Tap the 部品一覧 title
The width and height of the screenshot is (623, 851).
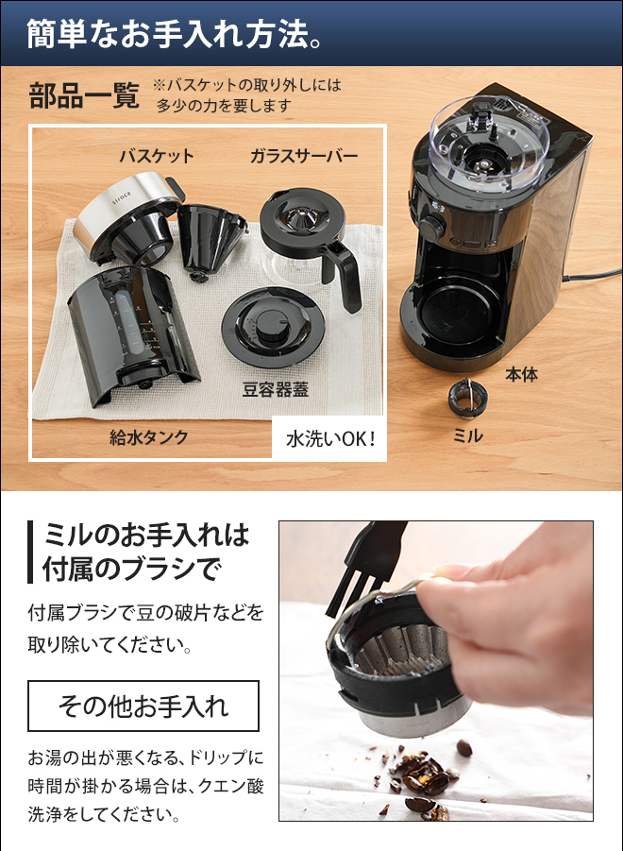[84, 97]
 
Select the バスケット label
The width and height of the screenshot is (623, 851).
[156, 156]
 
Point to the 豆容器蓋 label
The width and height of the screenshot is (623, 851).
[276, 389]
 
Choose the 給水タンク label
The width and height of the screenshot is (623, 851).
[149, 436]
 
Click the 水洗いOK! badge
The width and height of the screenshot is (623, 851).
[330, 438]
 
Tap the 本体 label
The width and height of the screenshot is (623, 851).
[521, 375]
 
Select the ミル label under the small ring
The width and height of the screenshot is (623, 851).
[468, 435]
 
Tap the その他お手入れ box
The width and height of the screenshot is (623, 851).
[143, 706]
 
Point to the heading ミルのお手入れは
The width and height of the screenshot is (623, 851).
[146, 536]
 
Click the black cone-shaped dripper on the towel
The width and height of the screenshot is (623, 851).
[210, 239]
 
